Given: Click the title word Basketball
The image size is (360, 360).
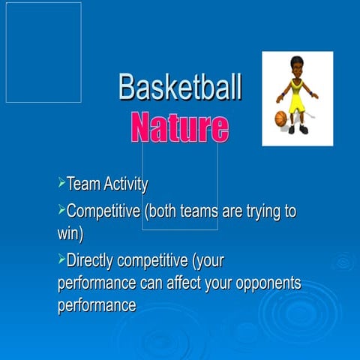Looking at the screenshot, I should [180, 88].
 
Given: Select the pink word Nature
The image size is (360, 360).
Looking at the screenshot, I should [179, 127].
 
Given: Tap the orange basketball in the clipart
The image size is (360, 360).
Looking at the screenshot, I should [281, 118].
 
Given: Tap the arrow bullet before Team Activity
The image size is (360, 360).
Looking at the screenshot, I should [61, 183].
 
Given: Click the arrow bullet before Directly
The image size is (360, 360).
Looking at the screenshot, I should [61, 260].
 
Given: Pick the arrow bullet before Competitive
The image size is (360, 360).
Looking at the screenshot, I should [61, 210].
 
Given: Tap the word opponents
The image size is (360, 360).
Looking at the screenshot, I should [265, 285].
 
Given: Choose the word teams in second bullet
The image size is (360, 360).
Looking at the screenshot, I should [201, 212].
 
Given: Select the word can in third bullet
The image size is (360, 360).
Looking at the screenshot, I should [153, 284].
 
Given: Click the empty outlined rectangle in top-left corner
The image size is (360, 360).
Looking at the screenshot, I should [43, 52].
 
